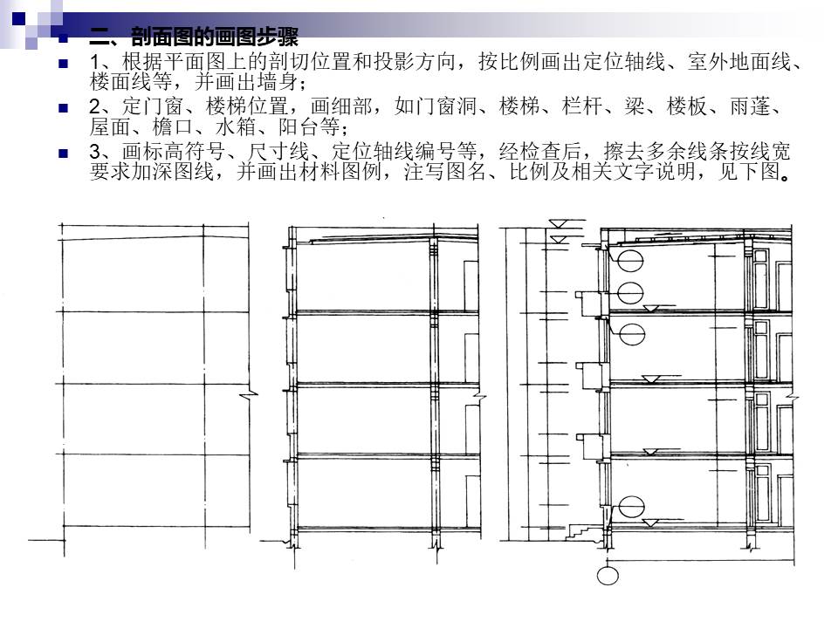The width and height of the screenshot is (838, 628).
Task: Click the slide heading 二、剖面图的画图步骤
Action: pyautogui.click(x=193, y=37)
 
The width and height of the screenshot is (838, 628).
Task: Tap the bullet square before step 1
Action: pyautogui.click(x=64, y=64)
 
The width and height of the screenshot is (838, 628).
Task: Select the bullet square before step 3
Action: pyautogui.click(x=64, y=154)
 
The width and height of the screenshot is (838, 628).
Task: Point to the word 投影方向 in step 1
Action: pyautogui.click(x=415, y=61)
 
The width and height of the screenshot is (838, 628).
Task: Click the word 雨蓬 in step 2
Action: pyautogui.click(x=751, y=106)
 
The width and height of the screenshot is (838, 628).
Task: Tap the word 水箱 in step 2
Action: pyautogui.click(x=236, y=127)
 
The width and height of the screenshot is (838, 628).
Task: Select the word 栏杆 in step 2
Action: pyautogui.click(x=582, y=106)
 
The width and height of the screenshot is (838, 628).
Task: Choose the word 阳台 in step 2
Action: pyautogui.click(x=299, y=127)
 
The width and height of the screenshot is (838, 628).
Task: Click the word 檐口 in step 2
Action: pyautogui.click(x=173, y=127)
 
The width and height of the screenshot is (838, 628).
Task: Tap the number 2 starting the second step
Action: pyautogui.click(x=94, y=106)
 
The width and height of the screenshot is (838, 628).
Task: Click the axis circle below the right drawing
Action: pyautogui.click(x=608, y=576)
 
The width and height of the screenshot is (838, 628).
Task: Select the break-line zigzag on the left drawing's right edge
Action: pyautogui.click(x=248, y=395)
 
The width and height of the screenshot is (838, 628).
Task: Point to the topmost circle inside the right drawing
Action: pyautogui.click(x=630, y=261)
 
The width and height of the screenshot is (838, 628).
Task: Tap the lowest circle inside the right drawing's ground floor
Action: pyautogui.click(x=631, y=507)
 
